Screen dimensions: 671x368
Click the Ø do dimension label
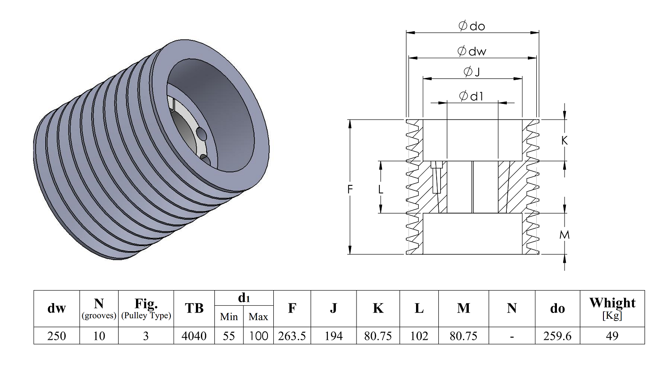tap(472, 26)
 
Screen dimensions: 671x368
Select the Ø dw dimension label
tap(472, 51)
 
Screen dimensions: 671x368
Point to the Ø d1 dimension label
tap(471, 96)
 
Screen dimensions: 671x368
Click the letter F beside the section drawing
tap(350, 189)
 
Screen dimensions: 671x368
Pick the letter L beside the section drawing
tap(380, 189)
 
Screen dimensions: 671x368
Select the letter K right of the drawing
tap(565, 141)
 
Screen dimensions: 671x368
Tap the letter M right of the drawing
tap(565, 235)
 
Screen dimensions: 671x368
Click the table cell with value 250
tap(57, 336)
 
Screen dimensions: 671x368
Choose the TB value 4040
tap(194, 336)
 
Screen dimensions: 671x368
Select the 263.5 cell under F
tap(292, 336)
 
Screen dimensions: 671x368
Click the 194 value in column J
tap(334, 336)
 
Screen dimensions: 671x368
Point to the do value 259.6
tap(557, 336)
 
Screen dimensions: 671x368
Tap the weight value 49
tap(612, 336)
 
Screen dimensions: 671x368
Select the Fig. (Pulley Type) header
tap(146, 308)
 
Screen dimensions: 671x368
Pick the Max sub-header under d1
tap(258, 317)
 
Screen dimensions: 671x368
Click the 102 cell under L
tap(419, 336)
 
